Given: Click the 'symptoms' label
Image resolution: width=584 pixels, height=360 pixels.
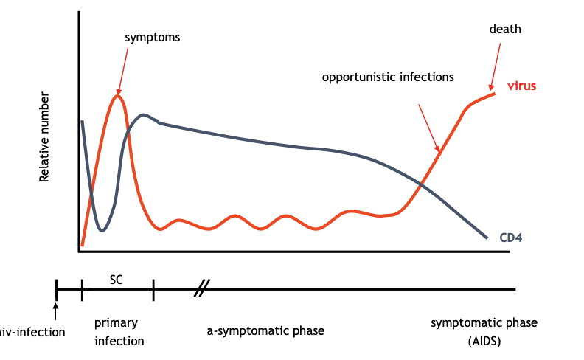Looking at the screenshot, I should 153,36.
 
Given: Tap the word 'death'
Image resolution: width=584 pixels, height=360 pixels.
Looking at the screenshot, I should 505,30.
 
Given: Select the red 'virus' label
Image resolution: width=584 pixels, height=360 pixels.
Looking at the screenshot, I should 521,86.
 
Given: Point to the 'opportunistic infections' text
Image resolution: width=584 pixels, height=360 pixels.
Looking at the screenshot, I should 388,77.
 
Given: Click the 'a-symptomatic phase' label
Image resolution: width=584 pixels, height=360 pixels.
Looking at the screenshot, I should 265,330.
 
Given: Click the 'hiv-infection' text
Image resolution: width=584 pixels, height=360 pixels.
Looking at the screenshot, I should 32,332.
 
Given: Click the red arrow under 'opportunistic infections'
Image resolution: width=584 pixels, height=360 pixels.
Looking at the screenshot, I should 429,128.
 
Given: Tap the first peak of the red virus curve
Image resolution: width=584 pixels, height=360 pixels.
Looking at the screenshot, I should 117,95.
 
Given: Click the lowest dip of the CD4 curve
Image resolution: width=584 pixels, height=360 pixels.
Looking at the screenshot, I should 102,230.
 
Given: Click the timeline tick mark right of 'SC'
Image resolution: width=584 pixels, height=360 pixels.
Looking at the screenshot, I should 153,290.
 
